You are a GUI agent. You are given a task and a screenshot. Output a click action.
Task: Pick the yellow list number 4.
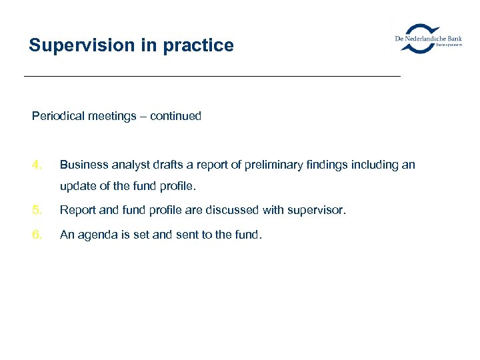pos(37,164)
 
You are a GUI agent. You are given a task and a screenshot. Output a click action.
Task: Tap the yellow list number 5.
pos(37,210)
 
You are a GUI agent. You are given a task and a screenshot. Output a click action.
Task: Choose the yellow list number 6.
pos(37,234)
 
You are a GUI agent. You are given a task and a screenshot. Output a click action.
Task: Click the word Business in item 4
pos(81,164)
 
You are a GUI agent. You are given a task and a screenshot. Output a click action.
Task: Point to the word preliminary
pos(274,164)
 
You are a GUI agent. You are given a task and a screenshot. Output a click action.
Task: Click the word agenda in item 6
pos(95,234)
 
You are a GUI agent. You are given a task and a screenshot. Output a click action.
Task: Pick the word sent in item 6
pos(176,234)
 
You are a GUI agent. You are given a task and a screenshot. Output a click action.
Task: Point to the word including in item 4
pos(376,164)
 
